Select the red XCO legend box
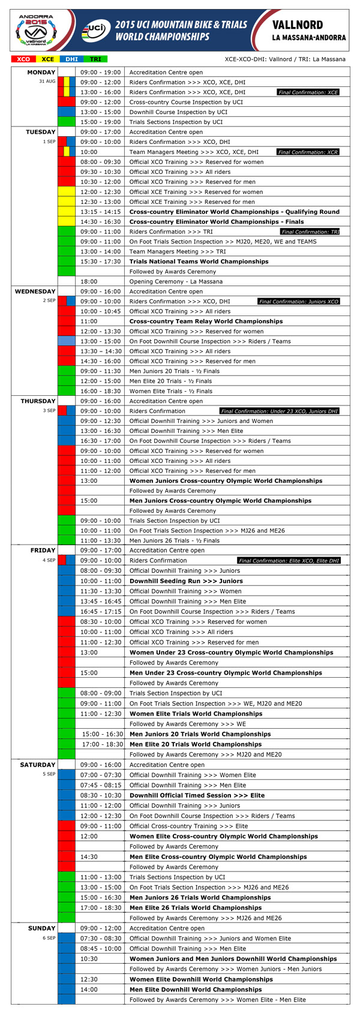23,59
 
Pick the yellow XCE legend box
47,59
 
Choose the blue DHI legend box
71,59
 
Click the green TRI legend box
95,59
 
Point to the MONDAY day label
41,72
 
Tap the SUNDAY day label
42,928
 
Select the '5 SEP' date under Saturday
49,774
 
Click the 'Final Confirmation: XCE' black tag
308,92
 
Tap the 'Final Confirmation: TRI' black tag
310,232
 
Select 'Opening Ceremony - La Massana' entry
176,281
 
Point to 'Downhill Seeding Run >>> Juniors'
186,581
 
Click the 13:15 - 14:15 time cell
100,212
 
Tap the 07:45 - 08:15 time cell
100,785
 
